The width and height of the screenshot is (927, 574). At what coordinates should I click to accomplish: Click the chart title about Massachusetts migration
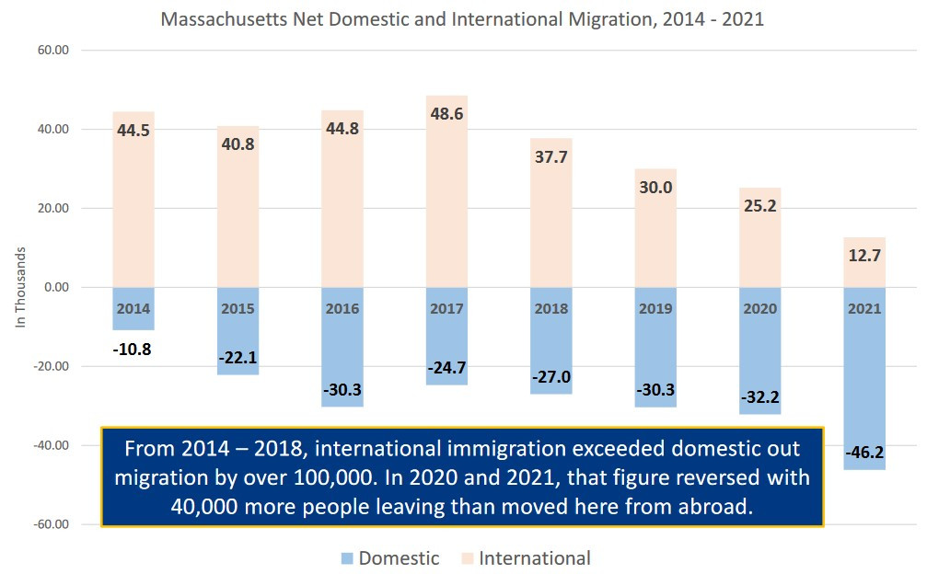click(462, 18)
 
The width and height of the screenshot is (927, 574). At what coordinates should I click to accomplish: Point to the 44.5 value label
click(133, 131)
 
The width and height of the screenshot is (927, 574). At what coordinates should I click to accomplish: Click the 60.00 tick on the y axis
click(54, 50)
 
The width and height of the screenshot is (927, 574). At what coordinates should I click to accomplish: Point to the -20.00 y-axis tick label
click(52, 366)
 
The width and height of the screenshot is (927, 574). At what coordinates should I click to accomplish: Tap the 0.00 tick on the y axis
click(56, 287)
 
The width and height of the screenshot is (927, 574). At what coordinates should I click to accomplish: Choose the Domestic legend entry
click(388, 558)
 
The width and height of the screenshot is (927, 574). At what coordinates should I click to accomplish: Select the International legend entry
click(524, 558)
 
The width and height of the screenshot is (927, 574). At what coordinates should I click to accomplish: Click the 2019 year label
click(656, 309)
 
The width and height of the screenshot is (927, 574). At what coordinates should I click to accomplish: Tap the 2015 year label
click(238, 309)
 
